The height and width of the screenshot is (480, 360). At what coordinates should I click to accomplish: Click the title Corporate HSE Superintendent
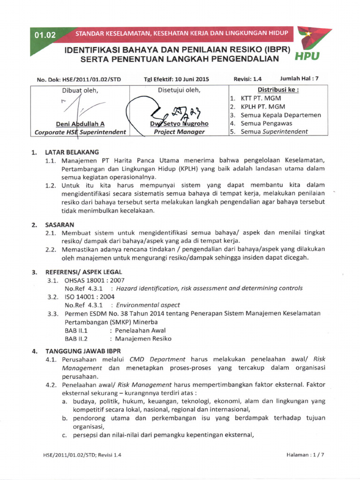(80, 132)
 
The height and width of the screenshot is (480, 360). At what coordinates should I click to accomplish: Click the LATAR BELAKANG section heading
(72, 152)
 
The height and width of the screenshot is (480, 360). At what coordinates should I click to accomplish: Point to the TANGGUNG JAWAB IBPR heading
(83, 351)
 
